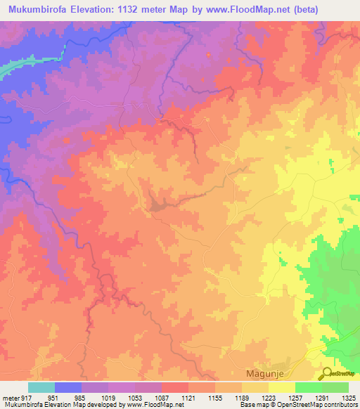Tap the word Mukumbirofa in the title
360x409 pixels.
point(41,10)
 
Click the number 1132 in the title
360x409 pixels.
point(148,10)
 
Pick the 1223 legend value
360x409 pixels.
point(267,398)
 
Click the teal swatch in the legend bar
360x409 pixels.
point(41,387)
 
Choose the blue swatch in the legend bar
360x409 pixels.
point(68,387)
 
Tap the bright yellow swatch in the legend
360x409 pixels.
point(282,387)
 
